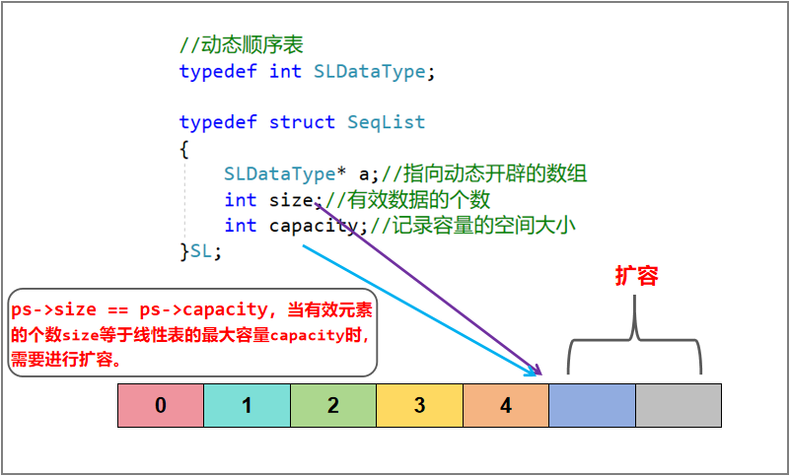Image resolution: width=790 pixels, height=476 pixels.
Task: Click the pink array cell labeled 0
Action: [x=161, y=405]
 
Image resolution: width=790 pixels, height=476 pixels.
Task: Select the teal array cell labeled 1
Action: [x=247, y=405]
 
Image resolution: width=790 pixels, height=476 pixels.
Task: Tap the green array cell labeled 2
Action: [x=333, y=405]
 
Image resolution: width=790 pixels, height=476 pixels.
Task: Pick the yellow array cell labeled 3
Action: [x=419, y=405]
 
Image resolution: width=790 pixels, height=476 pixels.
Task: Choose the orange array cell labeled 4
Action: [x=506, y=405]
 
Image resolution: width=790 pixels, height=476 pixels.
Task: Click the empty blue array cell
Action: [x=592, y=405]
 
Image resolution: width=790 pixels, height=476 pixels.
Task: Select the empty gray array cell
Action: [x=679, y=405]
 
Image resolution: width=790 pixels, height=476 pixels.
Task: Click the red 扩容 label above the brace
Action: [x=636, y=277]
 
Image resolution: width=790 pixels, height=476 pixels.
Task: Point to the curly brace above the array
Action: [x=635, y=340]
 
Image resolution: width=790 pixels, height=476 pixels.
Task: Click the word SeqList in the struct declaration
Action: [x=386, y=123]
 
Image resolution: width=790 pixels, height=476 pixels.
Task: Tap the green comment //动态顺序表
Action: [x=241, y=45]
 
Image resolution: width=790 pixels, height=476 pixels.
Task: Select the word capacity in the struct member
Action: [x=314, y=226]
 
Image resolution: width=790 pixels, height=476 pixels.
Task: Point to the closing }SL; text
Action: [x=200, y=251]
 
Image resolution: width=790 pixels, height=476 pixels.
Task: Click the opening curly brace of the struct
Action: [x=183, y=149]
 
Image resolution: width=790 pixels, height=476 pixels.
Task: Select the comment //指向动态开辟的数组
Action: [x=484, y=174]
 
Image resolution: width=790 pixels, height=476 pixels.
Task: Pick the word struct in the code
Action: [x=302, y=123]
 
